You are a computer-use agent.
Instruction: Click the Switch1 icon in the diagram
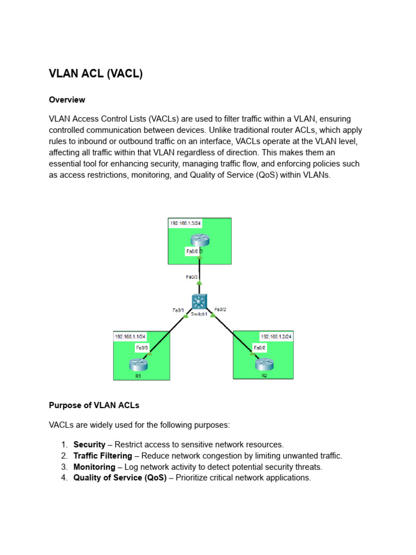coord(199,302)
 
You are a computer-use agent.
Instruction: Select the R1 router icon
coord(139,365)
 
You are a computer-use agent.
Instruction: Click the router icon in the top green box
coord(200,240)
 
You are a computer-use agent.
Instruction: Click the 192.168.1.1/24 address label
coord(131,337)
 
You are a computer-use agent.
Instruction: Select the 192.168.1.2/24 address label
coord(276,336)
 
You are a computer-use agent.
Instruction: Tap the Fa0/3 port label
coord(192,276)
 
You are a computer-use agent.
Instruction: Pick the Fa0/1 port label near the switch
coord(179,310)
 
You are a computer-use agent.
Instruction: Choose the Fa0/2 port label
coord(220,309)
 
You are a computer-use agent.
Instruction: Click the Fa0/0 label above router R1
coord(142,348)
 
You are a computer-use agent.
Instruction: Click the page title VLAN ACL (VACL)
coord(96,74)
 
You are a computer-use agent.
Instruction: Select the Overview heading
coord(67,100)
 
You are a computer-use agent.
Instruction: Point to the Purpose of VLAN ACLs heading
coord(94,404)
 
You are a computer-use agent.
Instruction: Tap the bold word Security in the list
coord(89,444)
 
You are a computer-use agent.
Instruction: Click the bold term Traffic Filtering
coord(103,456)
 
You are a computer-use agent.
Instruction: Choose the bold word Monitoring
coord(94,467)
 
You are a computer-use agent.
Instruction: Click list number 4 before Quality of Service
coord(64,477)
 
